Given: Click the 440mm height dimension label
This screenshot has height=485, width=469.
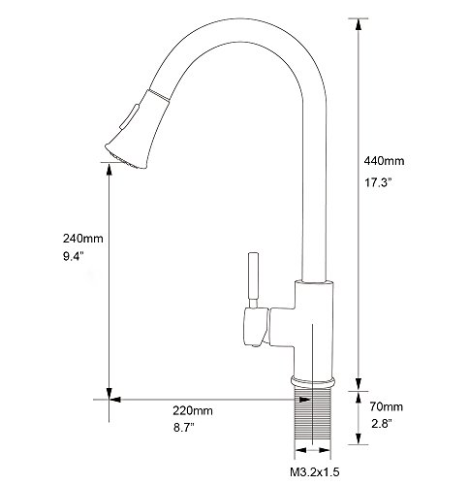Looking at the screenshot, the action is [x=384, y=161].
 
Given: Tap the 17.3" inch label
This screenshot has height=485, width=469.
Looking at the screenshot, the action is [x=378, y=182].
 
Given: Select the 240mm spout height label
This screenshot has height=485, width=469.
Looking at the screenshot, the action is [x=83, y=239].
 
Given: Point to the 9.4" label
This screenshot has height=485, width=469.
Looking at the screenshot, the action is [x=74, y=257].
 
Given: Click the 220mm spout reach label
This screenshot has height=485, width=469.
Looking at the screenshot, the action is [x=193, y=411].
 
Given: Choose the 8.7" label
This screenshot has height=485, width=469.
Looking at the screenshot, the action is [x=184, y=428].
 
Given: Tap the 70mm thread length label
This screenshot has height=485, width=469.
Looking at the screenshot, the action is [x=387, y=406].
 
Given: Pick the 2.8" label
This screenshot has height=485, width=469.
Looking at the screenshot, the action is [x=382, y=424].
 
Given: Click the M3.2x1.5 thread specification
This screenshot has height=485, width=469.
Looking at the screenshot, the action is [x=315, y=472].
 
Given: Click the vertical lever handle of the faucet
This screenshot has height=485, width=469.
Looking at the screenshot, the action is [x=253, y=280].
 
